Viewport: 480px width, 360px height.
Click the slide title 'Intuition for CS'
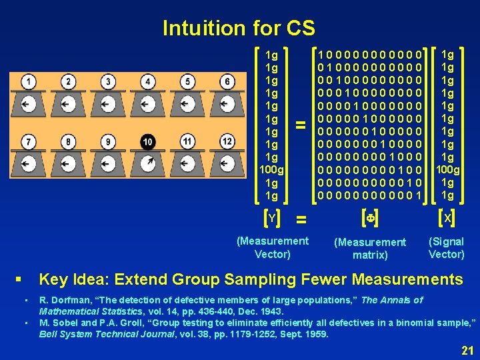tap(239, 28)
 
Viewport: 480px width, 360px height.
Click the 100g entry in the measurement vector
tap(271, 170)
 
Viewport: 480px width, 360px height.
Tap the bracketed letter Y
tap(271, 218)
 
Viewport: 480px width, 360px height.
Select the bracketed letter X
tap(447, 218)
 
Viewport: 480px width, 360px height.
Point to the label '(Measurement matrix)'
tap(370, 248)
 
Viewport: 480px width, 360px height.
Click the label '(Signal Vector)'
tap(447, 247)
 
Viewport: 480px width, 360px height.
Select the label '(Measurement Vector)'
tap(273, 247)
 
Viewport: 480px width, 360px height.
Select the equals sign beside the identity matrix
tap(301, 125)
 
